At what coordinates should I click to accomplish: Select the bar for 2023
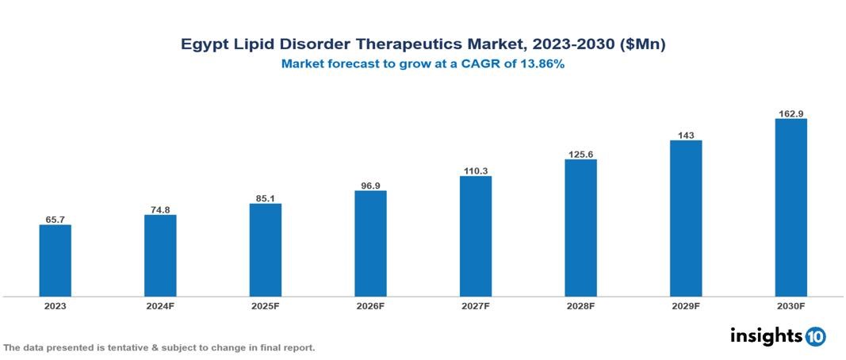pos(56,260)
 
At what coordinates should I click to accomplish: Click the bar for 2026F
pos(370,243)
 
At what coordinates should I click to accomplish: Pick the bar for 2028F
pos(580,228)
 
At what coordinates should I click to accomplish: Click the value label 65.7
pos(56,218)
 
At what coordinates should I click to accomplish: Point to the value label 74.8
pos(160,209)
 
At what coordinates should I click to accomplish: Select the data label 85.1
pos(266,197)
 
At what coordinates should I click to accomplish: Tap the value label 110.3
pos(476,170)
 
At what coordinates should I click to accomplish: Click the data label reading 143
pos(686,135)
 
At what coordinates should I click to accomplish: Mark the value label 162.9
pos(790,113)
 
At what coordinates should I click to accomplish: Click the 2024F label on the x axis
pos(160,305)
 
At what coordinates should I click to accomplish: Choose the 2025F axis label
pos(266,305)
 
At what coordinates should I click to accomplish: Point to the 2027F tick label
pos(476,305)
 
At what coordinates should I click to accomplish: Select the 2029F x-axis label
pos(686,305)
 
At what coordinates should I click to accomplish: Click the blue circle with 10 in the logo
pos(815,336)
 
